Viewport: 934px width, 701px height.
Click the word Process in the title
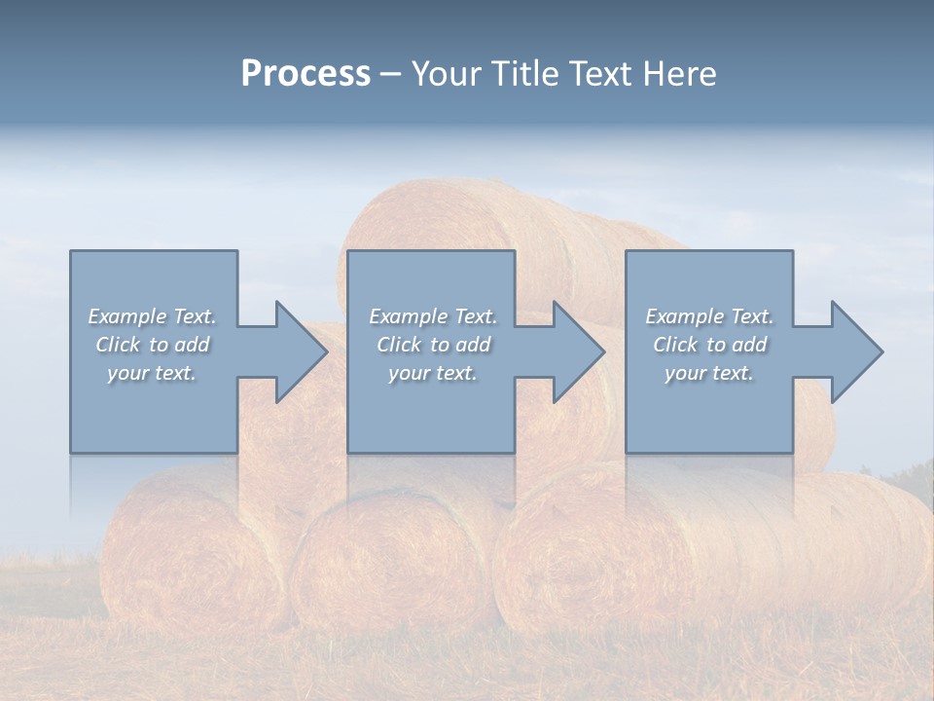(x=305, y=74)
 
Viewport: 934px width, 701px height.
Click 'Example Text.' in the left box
(x=152, y=316)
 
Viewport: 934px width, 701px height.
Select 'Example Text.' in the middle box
(x=432, y=316)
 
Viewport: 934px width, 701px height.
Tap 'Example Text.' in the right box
(x=709, y=316)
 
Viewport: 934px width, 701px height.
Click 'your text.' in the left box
(x=152, y=373)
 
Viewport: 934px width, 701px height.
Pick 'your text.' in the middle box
(x=432, y=373)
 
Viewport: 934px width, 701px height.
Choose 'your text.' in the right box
(x=709, y=373)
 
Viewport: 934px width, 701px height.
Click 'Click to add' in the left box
(x=152, y=345)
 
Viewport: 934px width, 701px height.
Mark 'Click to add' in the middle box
(x=432, y=345)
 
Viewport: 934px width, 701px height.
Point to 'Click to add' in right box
(x=709, y=345)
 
